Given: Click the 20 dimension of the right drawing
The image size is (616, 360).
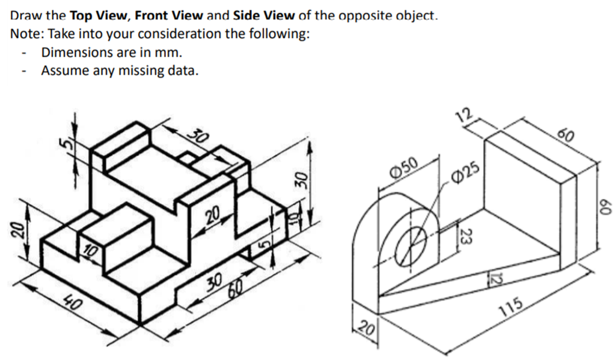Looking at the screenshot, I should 365,329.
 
